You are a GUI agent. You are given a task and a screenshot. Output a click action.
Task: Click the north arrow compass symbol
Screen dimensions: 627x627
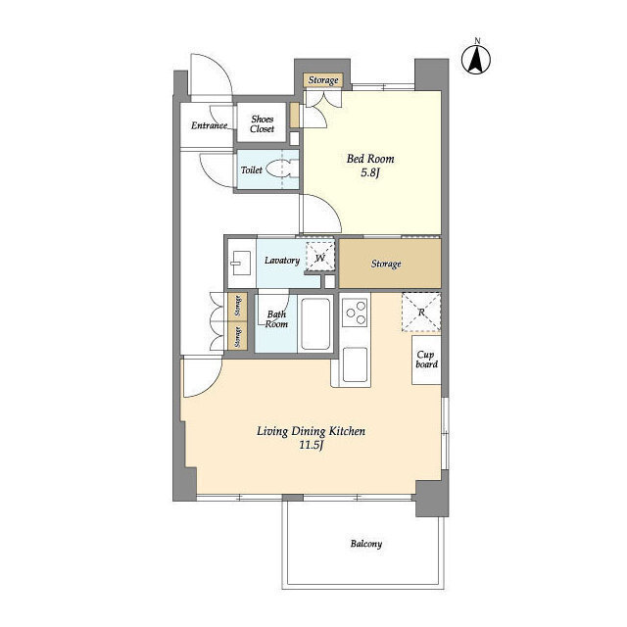click(476, 60)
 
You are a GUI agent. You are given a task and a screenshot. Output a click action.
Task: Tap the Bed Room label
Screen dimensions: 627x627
click(370, 159)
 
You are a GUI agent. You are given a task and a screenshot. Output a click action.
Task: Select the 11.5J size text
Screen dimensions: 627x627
click(312, 445)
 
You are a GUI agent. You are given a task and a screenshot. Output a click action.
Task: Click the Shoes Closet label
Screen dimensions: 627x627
click(262, 123)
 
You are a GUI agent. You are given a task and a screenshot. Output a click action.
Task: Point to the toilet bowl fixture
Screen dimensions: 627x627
click(282, 169)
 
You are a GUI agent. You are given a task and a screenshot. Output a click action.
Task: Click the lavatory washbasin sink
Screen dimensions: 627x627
click(241, 263)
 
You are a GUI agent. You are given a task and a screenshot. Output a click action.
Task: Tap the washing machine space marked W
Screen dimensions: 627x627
click(320, 257)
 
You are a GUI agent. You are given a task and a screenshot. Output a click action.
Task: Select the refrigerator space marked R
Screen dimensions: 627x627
click(421, 312)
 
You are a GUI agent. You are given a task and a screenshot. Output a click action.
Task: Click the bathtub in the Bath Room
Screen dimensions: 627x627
click(315, 324)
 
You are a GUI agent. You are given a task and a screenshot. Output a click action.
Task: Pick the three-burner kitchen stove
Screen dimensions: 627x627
click(355, 312)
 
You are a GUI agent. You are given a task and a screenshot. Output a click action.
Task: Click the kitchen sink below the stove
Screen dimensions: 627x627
click(355, 364)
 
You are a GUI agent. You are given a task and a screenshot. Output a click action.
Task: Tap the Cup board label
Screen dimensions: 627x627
click(427, 360)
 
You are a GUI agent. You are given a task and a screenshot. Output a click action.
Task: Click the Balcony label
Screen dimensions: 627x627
click(366, 544)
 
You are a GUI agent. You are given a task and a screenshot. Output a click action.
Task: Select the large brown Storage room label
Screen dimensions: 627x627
click(386, 264)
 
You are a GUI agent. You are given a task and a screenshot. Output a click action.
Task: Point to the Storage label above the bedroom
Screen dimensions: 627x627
click(323, 80)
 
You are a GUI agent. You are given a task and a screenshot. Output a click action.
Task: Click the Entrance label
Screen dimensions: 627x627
click(209, 125)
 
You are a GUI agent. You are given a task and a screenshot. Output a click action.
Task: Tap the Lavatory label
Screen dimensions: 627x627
click(282, 261)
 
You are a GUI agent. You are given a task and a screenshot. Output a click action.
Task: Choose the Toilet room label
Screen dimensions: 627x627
click(252, 169)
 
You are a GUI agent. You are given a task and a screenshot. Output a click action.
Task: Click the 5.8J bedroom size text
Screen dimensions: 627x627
click(370, 173)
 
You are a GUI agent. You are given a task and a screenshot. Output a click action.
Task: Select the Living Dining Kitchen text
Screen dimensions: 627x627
click(311, 431)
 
